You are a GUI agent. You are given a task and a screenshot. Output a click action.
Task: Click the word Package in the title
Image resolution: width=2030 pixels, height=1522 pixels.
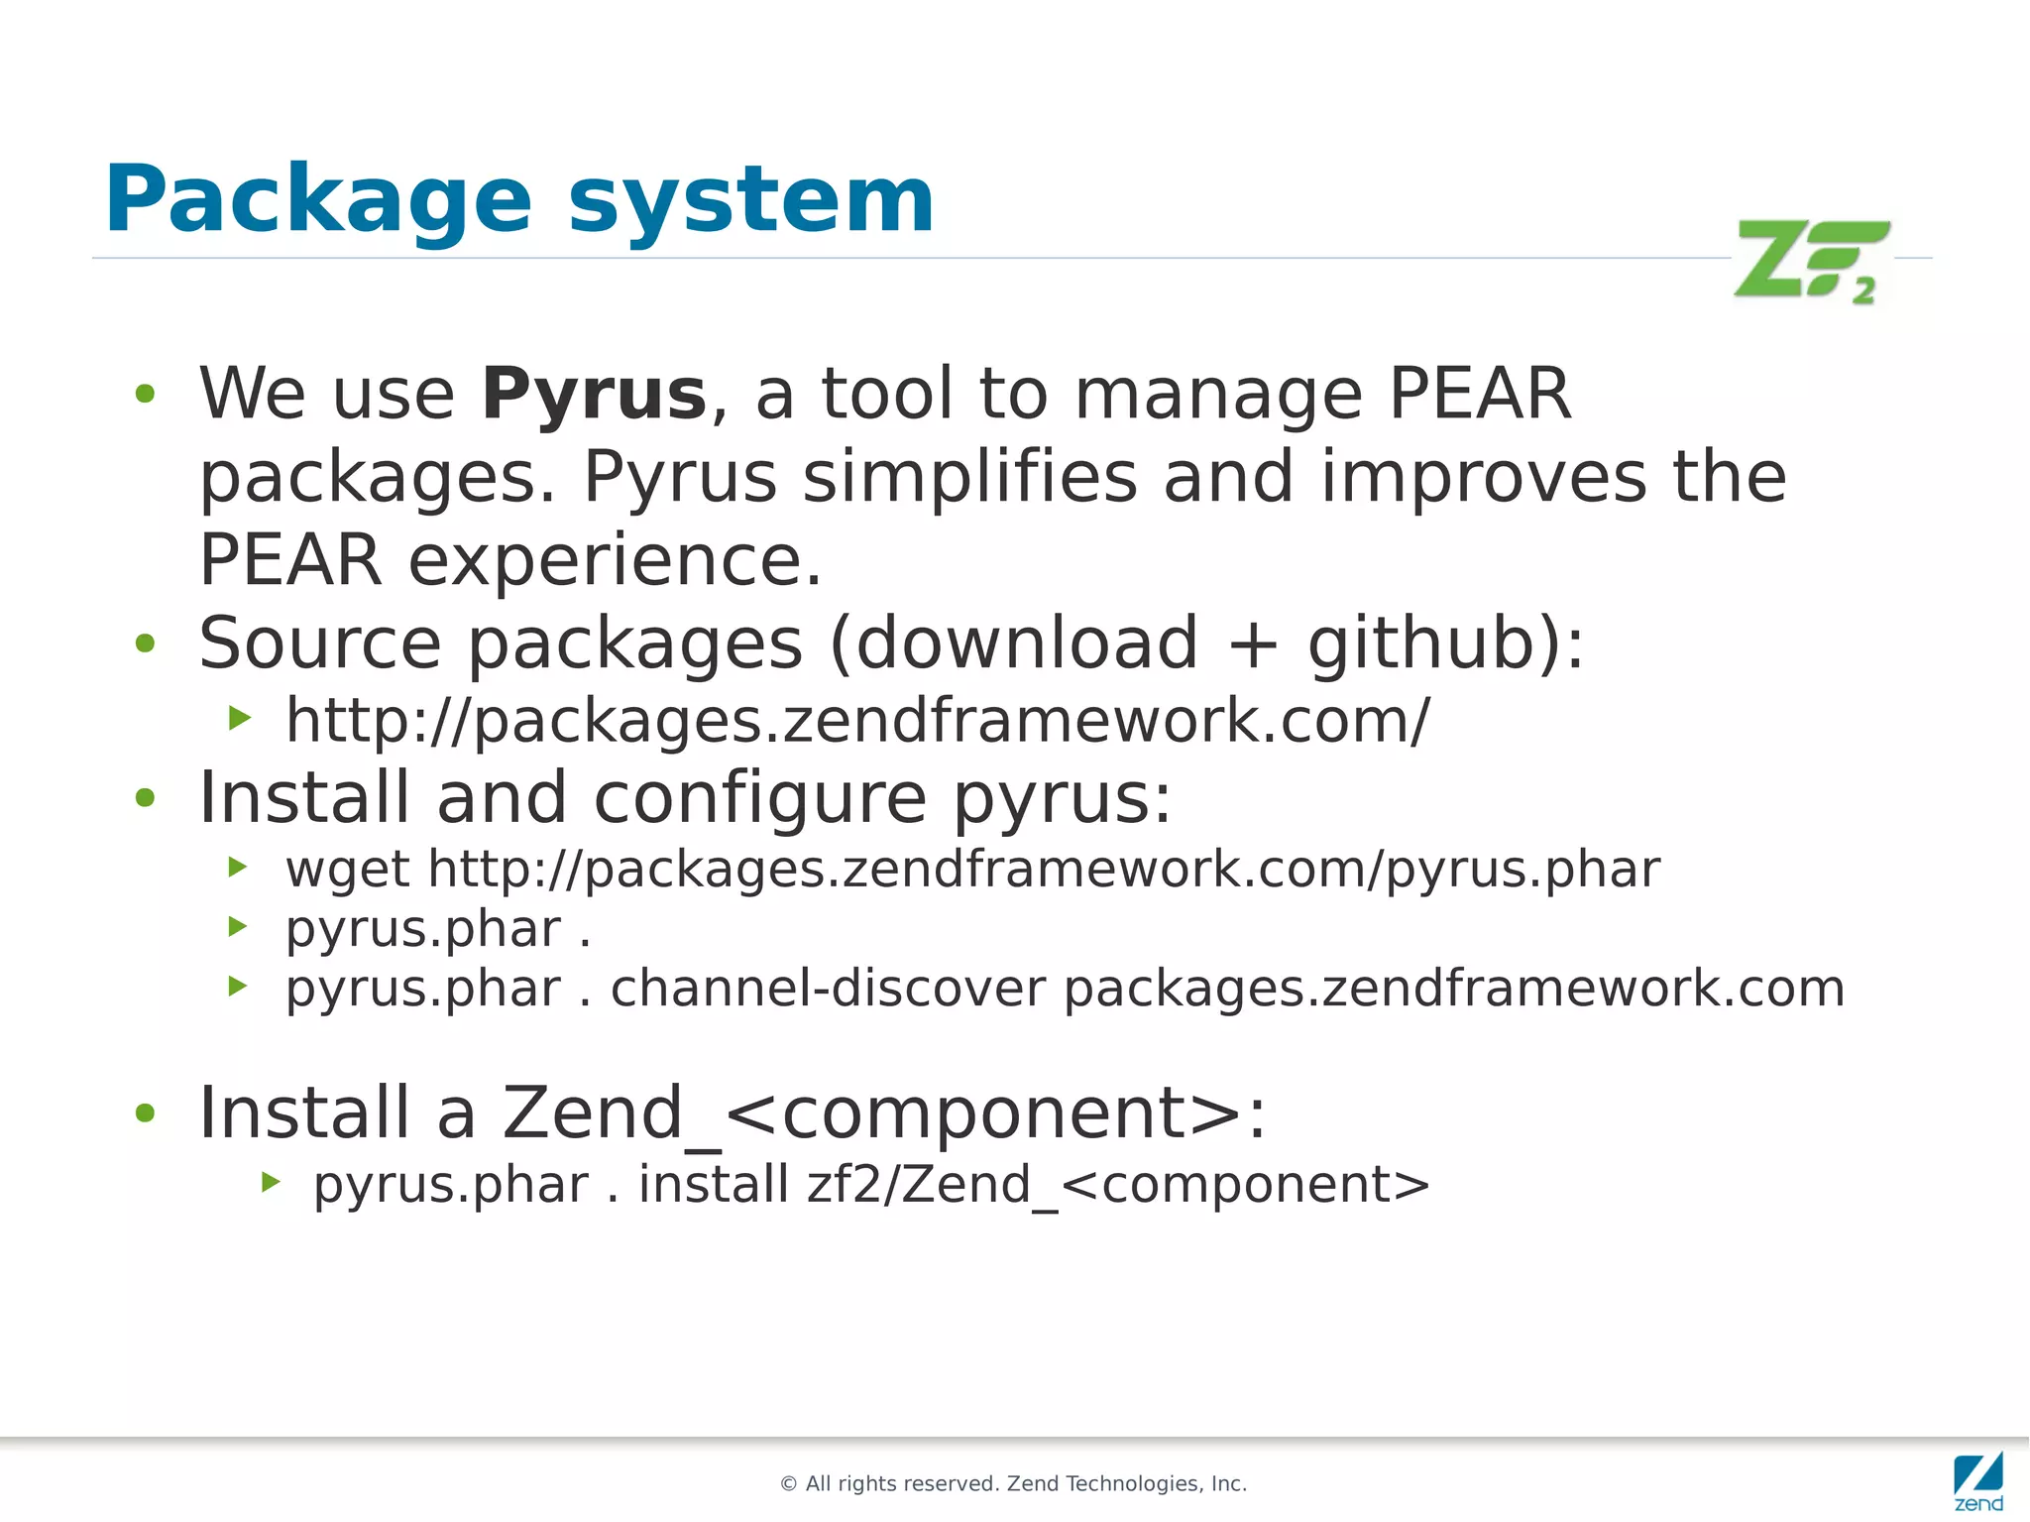click(x=318, y=200)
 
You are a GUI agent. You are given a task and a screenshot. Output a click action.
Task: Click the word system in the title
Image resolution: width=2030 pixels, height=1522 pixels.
click(x=751, y=200)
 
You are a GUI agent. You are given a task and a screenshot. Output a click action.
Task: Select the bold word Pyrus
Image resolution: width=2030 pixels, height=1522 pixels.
click(x=594, y=395)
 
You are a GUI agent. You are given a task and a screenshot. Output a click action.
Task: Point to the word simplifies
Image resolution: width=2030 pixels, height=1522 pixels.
click(x=969, y=478)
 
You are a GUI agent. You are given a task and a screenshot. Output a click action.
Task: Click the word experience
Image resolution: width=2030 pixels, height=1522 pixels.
click(x=615, y=561)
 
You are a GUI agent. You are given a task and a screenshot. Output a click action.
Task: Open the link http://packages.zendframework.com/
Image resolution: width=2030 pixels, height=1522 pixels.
click(x=857, y=721)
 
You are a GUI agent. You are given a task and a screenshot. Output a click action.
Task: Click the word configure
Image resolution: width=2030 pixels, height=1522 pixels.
click(x=760, y=798)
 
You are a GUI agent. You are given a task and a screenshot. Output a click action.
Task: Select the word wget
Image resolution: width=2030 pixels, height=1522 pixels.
click(x=347, y=871)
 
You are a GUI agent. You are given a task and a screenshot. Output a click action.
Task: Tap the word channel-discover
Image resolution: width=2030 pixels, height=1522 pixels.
click(x=828, y=989)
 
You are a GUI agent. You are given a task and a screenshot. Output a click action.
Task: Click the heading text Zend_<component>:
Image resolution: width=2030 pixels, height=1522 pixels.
click(x=883, y=1113)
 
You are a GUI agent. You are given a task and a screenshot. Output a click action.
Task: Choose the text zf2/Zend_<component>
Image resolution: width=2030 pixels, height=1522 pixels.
click(x=1118, y=1185)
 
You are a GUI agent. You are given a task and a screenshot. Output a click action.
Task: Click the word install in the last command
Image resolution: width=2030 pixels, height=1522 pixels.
click(x=713, y=1185)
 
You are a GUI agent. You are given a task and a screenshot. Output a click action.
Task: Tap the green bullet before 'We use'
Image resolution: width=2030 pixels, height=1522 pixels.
click(x=146, y=395)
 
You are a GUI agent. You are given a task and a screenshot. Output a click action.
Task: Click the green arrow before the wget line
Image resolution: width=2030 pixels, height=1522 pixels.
click(x=238, y=868)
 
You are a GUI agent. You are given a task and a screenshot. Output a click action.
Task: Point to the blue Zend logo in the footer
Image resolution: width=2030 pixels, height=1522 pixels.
click(x=1978, y=1481)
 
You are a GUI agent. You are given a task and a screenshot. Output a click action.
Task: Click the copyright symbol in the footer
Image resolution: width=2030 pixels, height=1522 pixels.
click(x=789, y=1484)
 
